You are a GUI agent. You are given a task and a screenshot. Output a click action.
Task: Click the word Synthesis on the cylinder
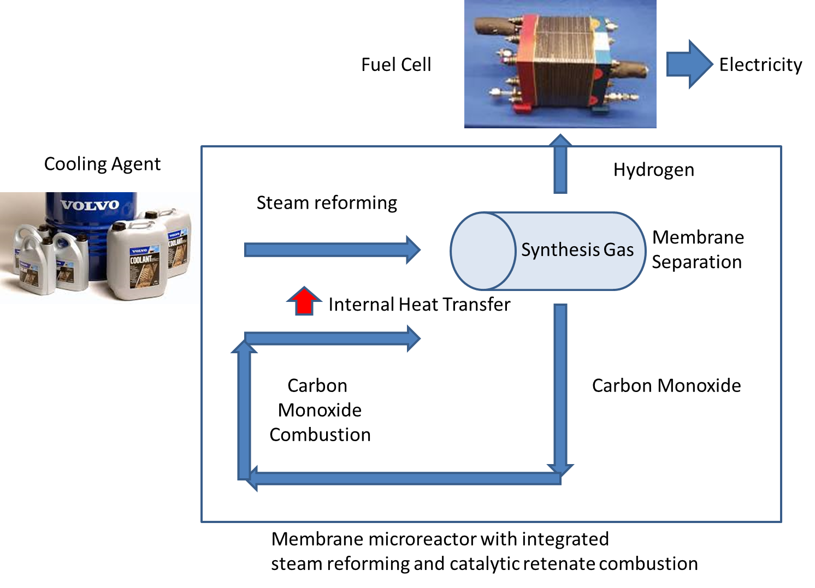coord(560,250)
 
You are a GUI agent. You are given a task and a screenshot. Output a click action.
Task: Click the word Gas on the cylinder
coord(619,250)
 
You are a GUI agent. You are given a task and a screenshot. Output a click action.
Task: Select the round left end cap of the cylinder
coord(483,251)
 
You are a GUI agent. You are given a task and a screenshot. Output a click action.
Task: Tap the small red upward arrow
coord(304,301)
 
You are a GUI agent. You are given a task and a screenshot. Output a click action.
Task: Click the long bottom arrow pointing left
coord(404,479)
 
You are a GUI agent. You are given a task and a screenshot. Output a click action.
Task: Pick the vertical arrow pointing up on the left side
coord(244,409)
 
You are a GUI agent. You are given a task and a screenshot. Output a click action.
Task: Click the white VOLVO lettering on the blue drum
coord(90,205)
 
